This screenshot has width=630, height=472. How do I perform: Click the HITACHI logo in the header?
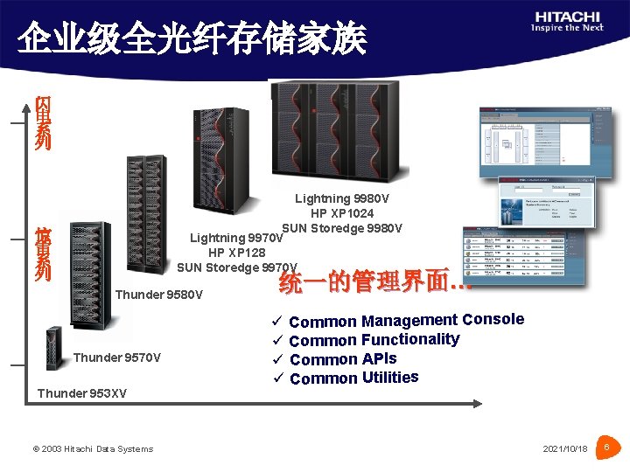tap(569, 22)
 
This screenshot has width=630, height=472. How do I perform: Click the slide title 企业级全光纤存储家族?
tap(192, 38)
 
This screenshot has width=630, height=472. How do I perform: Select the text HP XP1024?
tap(341, 214)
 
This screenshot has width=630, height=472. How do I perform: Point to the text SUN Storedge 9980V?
tap(342, 229)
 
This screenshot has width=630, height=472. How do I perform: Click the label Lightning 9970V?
tap(237, 238)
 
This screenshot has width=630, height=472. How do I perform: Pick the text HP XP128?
tap(237, 253)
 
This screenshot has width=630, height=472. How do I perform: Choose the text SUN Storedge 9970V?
tap(237, 267)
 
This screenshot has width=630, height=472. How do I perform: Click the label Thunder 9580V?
tap(159, 295)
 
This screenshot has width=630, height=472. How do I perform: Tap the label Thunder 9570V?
tap(117, 357)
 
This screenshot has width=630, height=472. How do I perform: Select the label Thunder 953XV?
tap(81, 393)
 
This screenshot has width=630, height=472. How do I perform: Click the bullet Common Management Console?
tap(406, 321)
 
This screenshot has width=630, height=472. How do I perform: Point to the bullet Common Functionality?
tap(374, 340)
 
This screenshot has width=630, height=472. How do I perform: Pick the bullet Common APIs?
tap(343, 359)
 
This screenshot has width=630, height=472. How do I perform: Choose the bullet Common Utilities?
tap(353, 378)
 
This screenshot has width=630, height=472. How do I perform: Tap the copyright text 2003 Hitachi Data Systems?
tap(93, 449)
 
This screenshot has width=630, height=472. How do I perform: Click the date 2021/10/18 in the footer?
tap(565, 449)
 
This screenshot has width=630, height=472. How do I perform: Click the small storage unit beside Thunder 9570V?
tap(54, 348)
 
